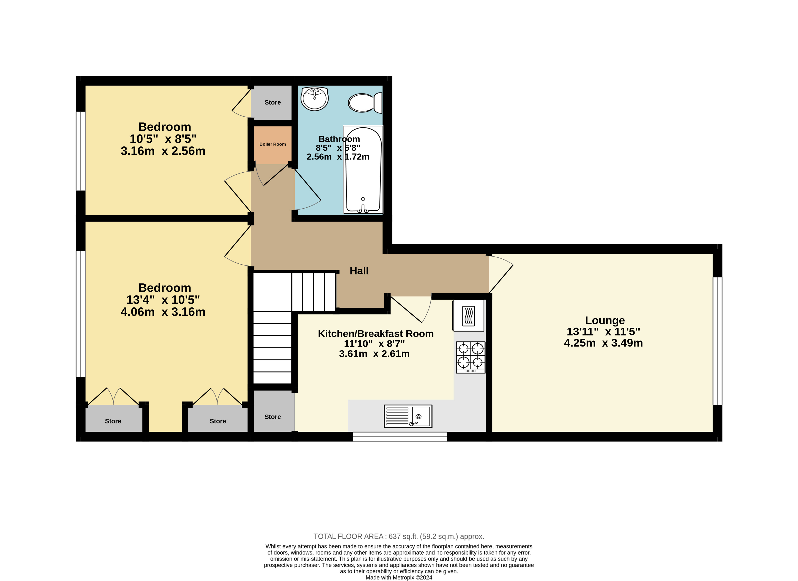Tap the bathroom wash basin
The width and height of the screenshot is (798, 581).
(314, 99)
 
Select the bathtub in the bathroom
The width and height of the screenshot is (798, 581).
(363, 170)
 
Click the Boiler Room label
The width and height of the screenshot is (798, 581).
(273, 144)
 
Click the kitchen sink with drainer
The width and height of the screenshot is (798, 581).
(408, 416)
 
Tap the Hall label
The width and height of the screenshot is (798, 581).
(359, 271)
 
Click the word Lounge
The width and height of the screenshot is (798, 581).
(605, 320)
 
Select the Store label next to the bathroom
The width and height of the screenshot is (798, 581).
(273, 102)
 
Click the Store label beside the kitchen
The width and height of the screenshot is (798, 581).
(273, 417)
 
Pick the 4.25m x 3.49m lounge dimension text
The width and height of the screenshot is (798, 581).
(603, 343)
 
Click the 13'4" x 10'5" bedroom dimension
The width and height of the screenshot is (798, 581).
(163, 300)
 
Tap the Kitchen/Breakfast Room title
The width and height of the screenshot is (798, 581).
(376, 334)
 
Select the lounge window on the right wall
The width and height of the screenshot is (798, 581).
(718, 341)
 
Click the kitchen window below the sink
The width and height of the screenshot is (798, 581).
(400, 437)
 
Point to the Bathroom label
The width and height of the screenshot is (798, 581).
(339, 139)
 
